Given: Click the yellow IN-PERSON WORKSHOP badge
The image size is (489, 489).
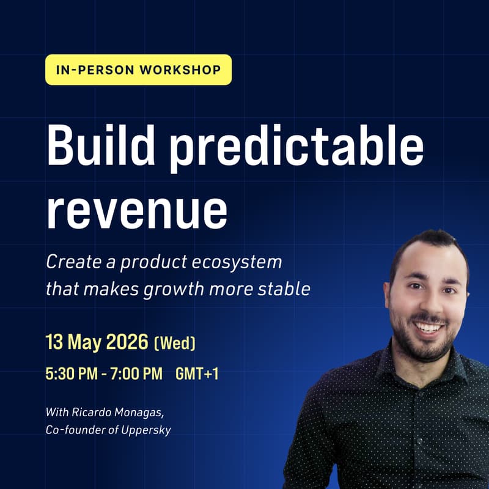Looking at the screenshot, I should coord(138,70).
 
